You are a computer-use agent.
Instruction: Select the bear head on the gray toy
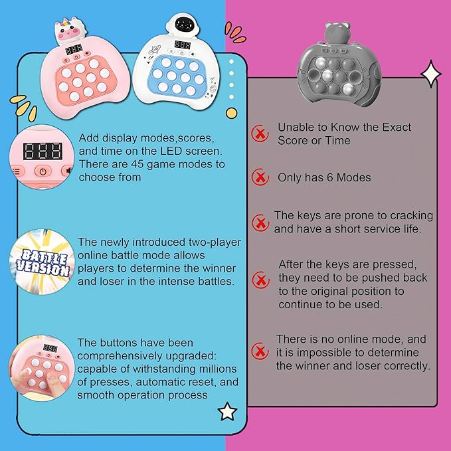[337, 33]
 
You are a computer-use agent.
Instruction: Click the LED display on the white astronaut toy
[183, 45]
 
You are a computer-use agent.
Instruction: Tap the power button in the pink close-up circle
[43, 171]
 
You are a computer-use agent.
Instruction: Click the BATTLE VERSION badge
[43, 262]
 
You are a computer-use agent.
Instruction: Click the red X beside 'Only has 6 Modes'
[260, 177]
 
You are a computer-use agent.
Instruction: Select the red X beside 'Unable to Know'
[260, 134]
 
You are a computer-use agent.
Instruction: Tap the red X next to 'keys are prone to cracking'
[260, 223]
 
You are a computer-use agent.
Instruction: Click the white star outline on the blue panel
[228, 411]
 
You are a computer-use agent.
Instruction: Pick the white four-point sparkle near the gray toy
[431, 74]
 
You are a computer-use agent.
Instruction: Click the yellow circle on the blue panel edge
[232, 113]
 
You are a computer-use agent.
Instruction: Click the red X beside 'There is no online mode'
[260, 351]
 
